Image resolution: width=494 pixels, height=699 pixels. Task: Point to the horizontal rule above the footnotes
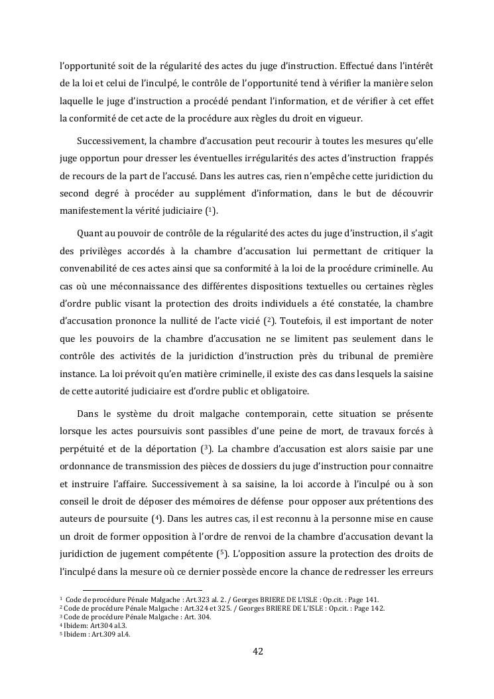(142, 590)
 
